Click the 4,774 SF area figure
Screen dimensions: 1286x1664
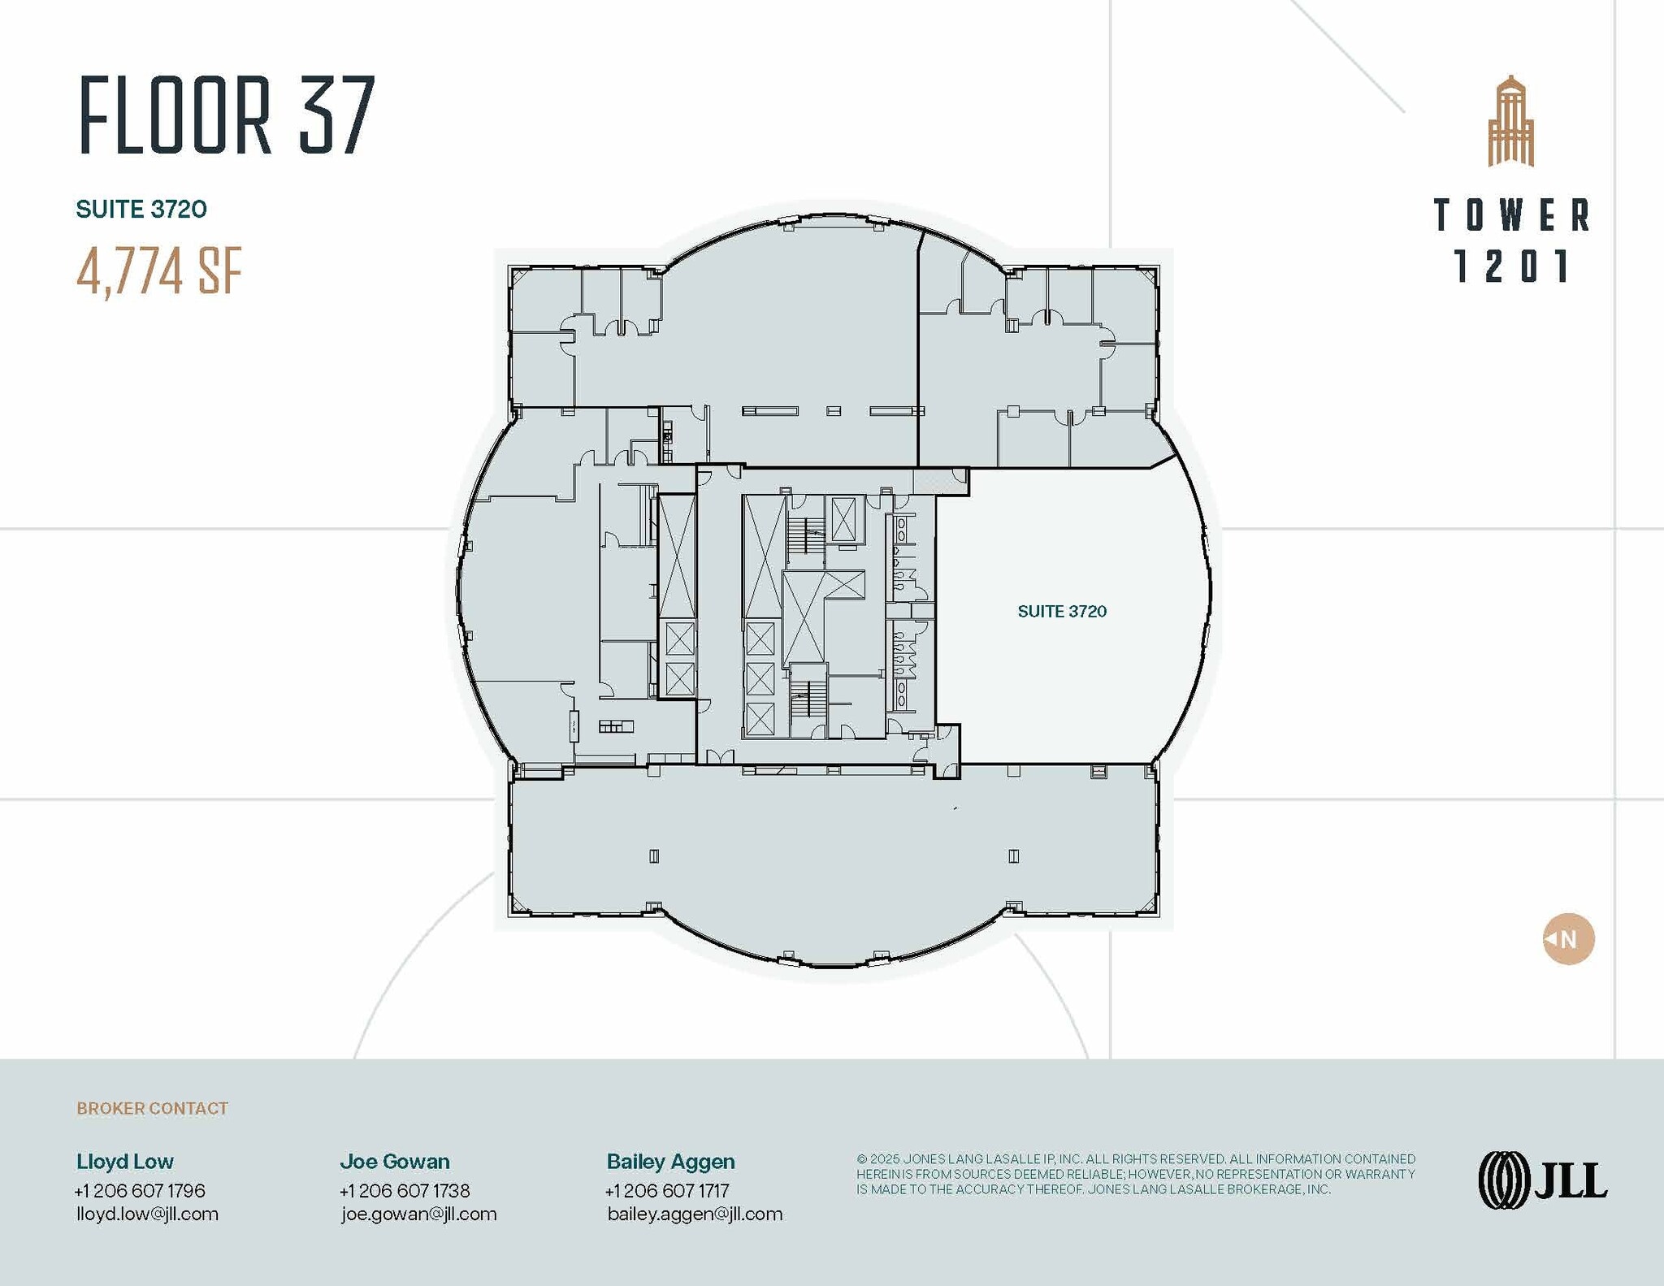tap(159, 271)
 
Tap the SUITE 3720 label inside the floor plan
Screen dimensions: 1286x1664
tap(1061, 611)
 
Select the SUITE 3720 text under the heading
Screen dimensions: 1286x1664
tap(141, 209)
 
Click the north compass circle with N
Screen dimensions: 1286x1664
tap(1568, 939)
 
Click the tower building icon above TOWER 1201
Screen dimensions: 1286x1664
tap(1510, 121)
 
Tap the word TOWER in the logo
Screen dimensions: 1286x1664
tap(1511, 215)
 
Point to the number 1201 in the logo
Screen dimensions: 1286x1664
tap(1511, 266)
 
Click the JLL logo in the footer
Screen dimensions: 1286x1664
tap(1542, 1180)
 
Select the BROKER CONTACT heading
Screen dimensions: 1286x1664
tap(152, 1108)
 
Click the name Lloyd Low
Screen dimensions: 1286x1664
tap(125, 1161)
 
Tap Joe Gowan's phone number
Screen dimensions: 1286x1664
tap(405, 1190)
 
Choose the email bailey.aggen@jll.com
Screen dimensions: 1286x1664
tap(695, 1214)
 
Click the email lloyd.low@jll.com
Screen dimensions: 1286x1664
tap(147, 1214)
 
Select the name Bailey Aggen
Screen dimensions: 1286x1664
tap(670, 1161)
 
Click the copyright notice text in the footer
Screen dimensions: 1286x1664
tap(1135, 1174)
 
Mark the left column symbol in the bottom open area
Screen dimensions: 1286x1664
tap(654, 855)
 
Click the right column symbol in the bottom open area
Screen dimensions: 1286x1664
tap(1013, 855)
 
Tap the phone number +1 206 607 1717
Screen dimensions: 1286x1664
tap(667, 1190)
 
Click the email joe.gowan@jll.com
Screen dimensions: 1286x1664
tap(418, 1214)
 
